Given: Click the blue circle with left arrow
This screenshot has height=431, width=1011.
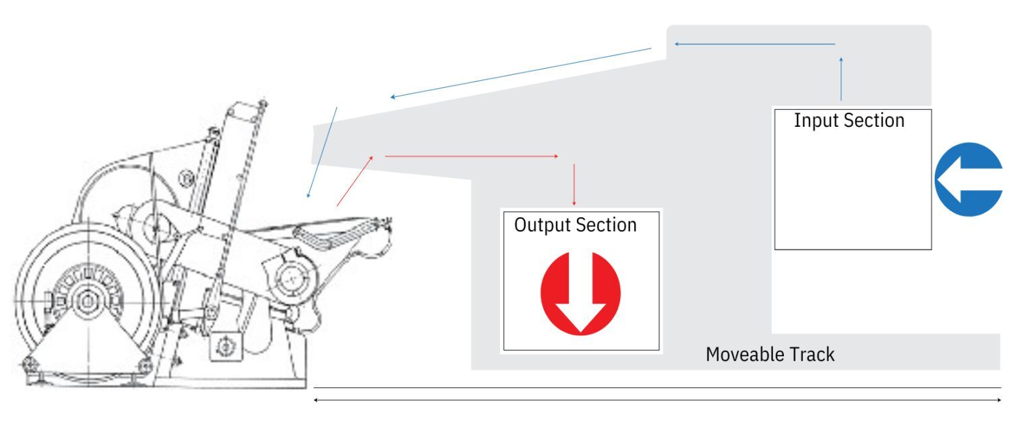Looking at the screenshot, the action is click(x=968, y=179).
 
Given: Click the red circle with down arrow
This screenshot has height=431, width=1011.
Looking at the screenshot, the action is click(x=580, y=293).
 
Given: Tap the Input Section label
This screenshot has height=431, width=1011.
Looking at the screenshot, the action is click(x=849, y=121).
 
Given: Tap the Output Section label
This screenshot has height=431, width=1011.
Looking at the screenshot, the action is click(x=576, y=225).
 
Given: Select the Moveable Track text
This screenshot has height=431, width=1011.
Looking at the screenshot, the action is click(x=770, y=355).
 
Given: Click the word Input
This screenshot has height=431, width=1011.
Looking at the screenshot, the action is click(x=816, y=121).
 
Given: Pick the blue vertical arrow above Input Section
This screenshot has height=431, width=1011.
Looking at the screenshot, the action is click(x=841, y=79).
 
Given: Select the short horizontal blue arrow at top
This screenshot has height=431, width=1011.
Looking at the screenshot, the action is click(x=755, y=44).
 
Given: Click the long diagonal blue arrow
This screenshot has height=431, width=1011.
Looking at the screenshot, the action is click(x=521, y=73).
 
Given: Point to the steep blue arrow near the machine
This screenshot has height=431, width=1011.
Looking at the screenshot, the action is click(x=321, y=152).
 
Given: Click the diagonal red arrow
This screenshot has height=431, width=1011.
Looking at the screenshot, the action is click(x=355, y=181).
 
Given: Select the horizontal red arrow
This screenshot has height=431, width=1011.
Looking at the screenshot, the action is click(x=472, y=156).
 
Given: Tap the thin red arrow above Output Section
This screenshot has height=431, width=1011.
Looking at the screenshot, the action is click(x=574, y=185).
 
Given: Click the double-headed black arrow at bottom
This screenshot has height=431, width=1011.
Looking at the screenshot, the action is click(x=657, y=400).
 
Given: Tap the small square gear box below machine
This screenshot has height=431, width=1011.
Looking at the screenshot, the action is click(x=226, y=347).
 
